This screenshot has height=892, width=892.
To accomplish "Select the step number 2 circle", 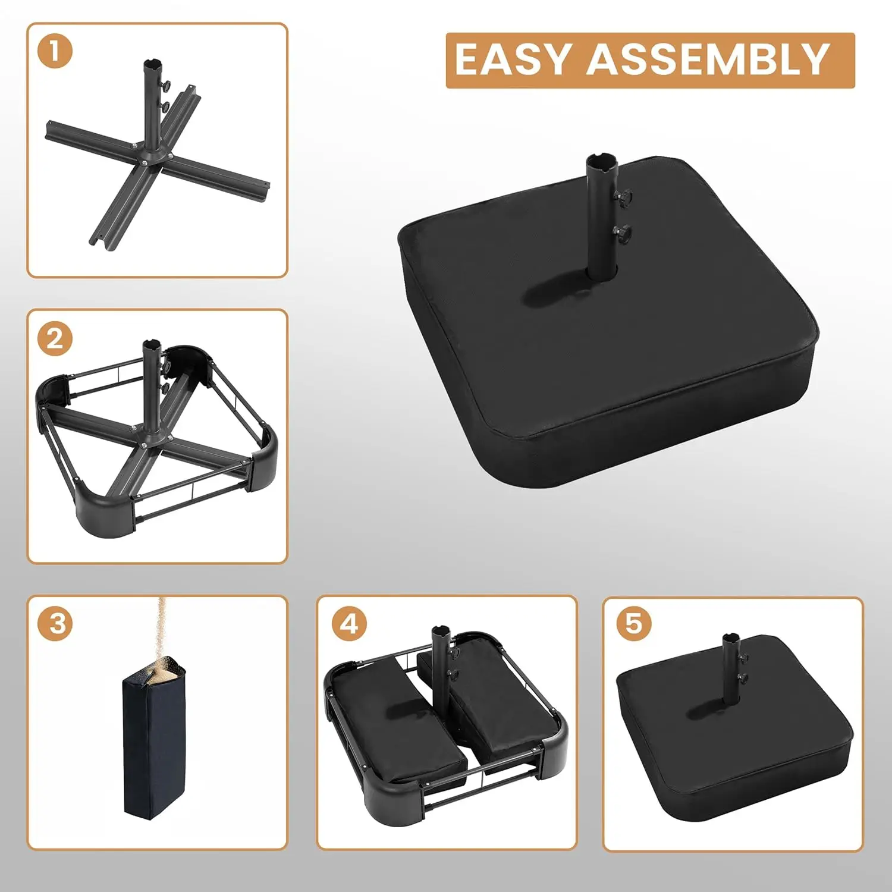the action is pyautogui.click(x=55, y=338).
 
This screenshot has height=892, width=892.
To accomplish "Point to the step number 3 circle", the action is pyautogui.click(x=57, y=623).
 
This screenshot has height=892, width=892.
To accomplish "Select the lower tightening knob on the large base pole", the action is pyautogui.click(x=622, y=234).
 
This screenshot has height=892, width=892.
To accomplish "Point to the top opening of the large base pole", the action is pyautogui.click(x=601, y=161).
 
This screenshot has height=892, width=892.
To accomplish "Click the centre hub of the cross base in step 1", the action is pyautogui.click(x=149, y=156).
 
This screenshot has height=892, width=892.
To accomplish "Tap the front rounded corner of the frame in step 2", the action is pyautogui.click(x=110, y=505).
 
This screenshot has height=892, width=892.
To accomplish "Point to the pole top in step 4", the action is pyautogui.click(x=440, y=630).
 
